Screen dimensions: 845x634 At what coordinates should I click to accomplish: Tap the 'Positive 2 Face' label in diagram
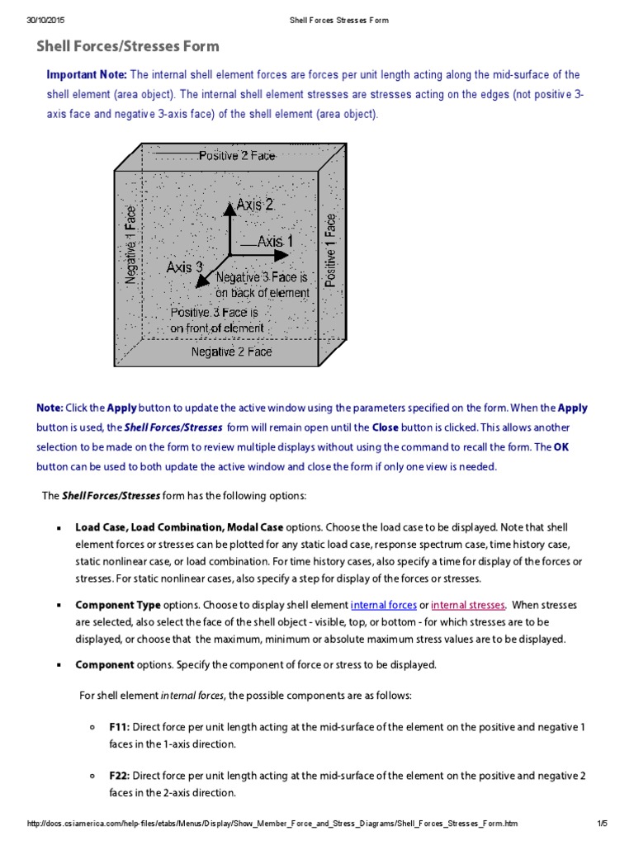click(x=237, y=155)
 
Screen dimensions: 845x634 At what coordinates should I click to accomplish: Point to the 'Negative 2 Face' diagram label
click(x=231, y=352)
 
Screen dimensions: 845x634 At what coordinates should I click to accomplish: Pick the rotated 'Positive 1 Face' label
click(x=331, y=250)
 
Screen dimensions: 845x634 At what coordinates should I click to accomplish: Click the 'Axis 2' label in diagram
click(x=254, y=204)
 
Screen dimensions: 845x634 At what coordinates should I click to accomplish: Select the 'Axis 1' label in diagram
click(x=275, y=242)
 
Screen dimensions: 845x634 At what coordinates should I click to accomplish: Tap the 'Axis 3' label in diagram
click(x=184, y=267)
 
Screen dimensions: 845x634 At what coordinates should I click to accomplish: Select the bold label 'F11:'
click(x=119, y=728)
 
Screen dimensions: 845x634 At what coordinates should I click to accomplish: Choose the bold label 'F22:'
click(x=119, y=776)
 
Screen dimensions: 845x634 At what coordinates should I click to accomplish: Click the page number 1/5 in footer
click(x=602, y=824)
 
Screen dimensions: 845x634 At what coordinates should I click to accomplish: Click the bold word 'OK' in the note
click(x=561, y=447)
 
